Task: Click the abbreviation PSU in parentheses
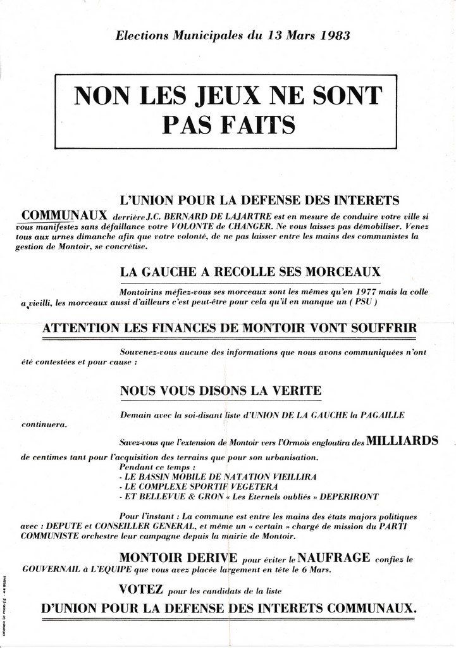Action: point(365,302)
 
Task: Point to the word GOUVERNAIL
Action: point(49,569)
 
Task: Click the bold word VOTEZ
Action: point(141,590)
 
